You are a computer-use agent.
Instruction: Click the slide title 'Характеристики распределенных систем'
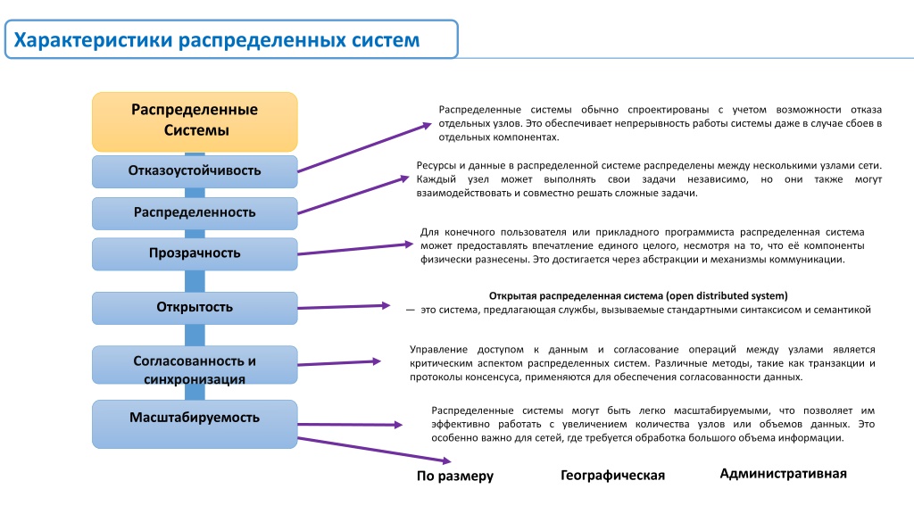[x=217, y=39]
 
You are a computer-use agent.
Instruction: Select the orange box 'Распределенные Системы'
[x=195, y=121]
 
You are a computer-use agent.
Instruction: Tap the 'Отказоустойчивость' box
[x=195, y=171]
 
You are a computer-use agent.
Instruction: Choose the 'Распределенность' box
[x=195, y=213]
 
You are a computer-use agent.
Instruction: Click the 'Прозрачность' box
[x=195, y=254]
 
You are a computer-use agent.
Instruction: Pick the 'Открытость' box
[x=195, y=308]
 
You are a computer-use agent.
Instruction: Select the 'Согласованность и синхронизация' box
[x=195, y=365]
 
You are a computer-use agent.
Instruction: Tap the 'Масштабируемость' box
[x=195, y=424]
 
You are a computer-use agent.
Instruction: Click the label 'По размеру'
[x=454, y=477]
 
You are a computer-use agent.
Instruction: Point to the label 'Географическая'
[x=612, y=476]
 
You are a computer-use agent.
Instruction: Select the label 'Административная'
[x=783, y=474]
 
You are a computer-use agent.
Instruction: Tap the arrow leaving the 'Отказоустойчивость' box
[x=364, y=147]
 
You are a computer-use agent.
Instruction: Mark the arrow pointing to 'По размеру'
[x=374, y=450]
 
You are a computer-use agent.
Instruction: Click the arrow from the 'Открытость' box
[x=344, y=307]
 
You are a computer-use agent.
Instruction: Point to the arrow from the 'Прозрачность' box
[x=355, y=249]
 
